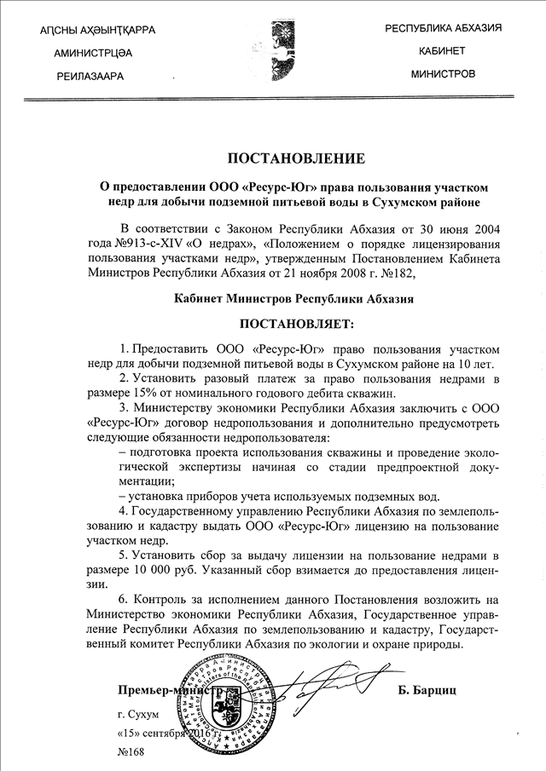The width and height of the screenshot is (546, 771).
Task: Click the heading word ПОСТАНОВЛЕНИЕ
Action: [x=273, y=158]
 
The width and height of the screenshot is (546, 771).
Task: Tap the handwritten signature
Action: [x=324, y=682]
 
